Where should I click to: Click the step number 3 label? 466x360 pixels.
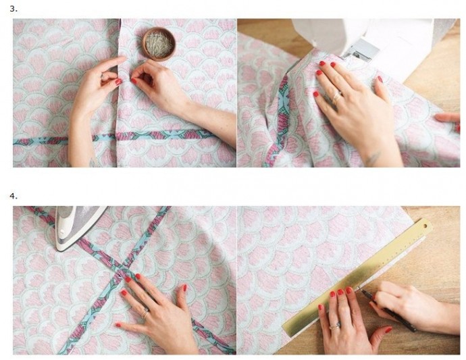pos(14,9)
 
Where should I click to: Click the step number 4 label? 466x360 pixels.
pos(14,196)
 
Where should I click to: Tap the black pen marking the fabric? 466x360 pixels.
pos(388,309)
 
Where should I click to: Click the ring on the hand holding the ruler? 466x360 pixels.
pos(335,326)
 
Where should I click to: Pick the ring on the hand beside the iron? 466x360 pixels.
pos(145,313)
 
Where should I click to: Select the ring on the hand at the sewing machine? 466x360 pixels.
pos(337,97)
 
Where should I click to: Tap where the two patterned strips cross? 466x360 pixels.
pos(122,274)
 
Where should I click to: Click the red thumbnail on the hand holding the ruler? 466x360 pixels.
pos(388,330)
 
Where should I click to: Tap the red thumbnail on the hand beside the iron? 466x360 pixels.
pos(118,325)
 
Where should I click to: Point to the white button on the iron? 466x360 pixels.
pos(62,232)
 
